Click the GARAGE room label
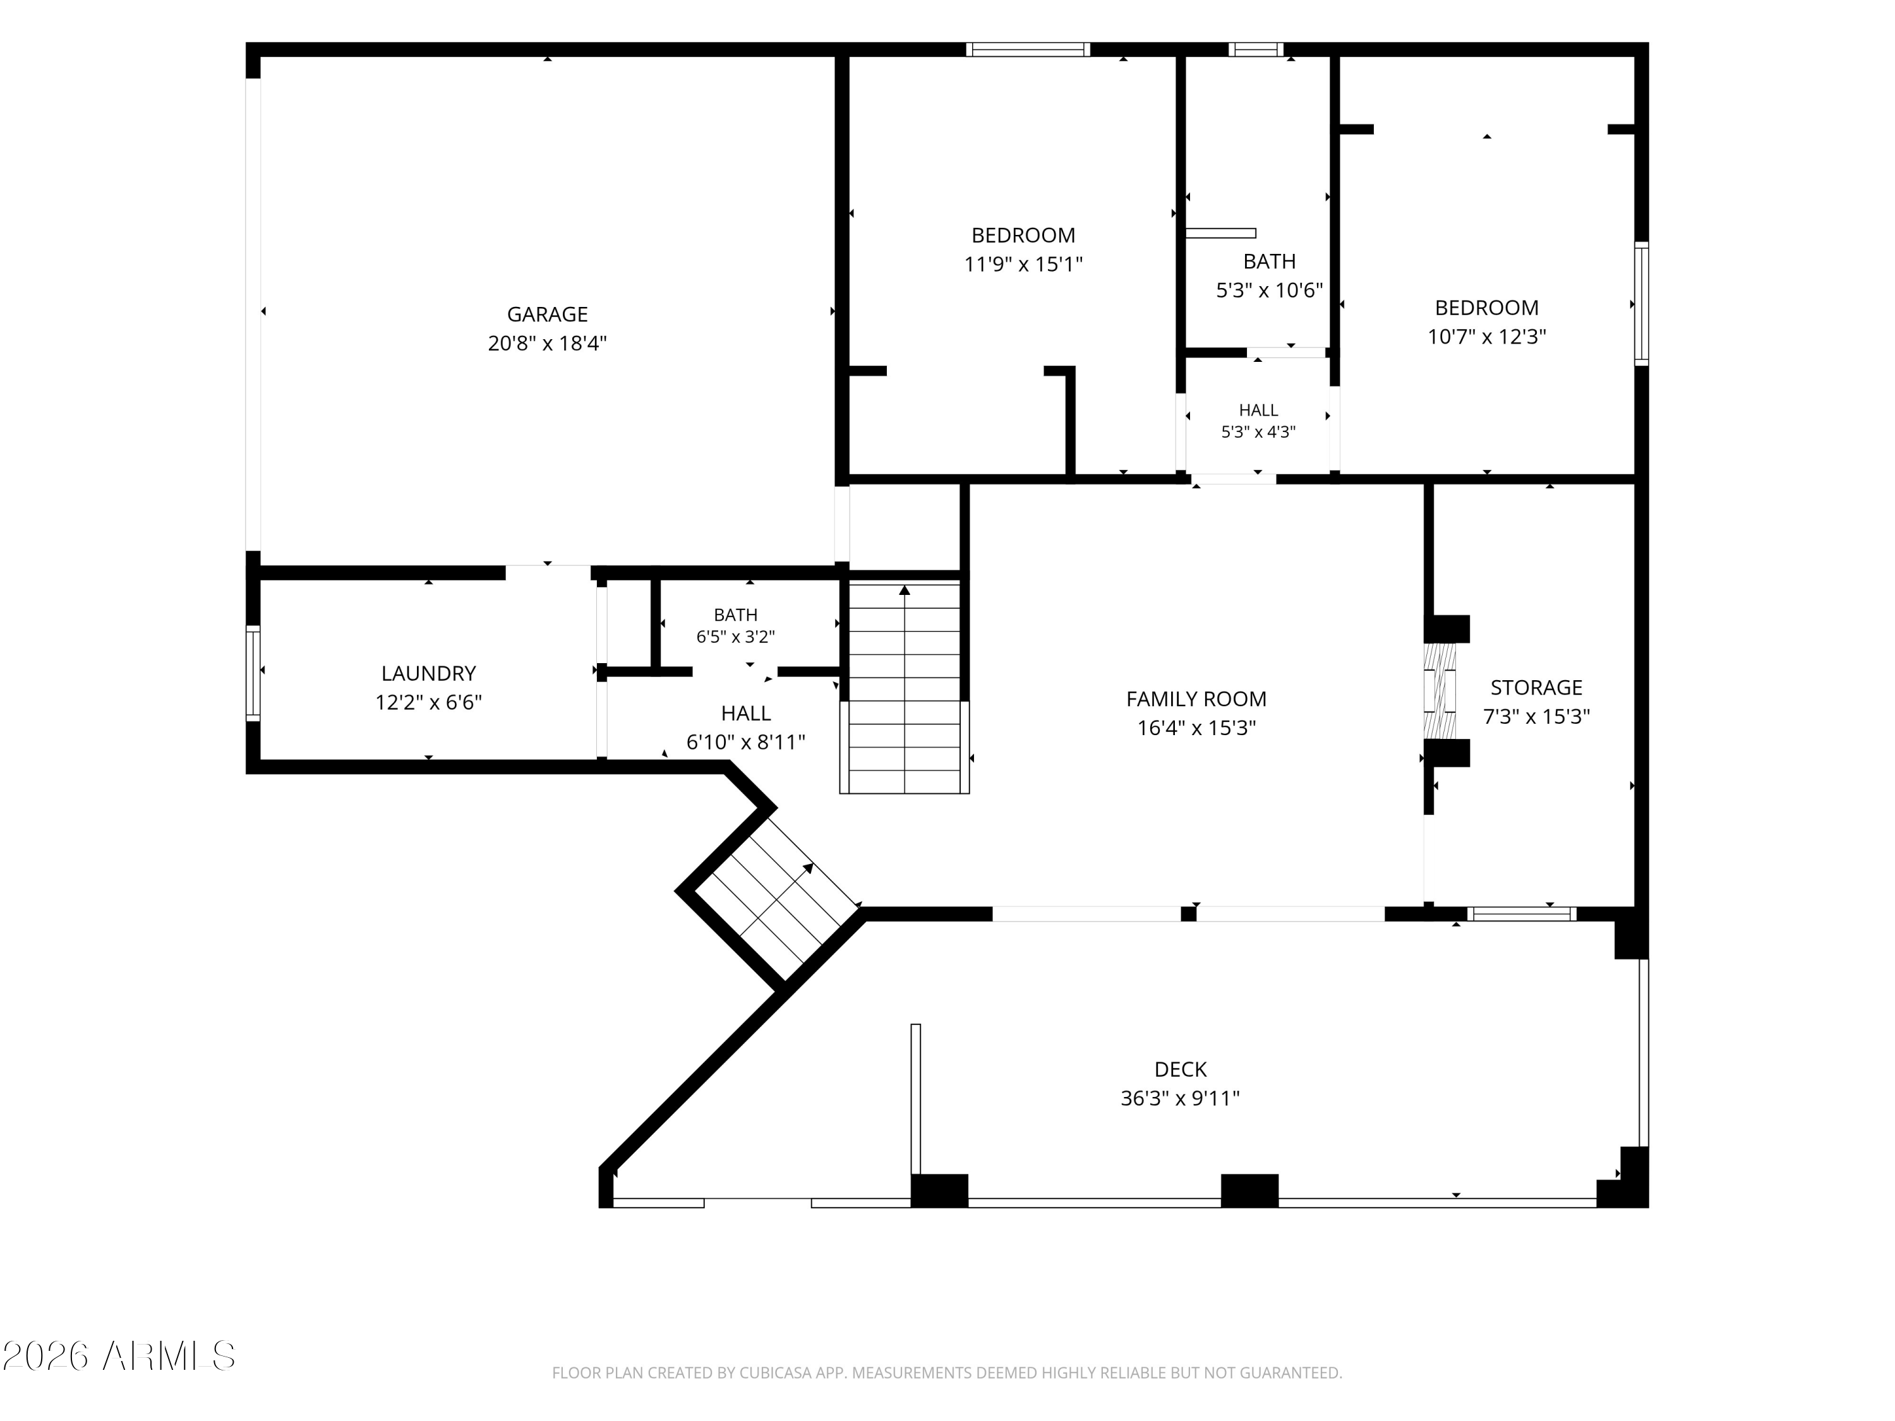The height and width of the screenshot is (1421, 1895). pos(548,315)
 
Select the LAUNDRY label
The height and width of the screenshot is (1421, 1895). pos(428,673)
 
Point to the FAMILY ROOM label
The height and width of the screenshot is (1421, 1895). pos(1196,699)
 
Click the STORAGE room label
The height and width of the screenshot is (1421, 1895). pos(1536,687)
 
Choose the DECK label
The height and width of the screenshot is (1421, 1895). pos(1181,1069)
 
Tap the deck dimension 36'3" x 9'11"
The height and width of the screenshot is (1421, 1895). pos(1181,1098)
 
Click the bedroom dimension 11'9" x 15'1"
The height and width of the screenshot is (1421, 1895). pos(1024,264)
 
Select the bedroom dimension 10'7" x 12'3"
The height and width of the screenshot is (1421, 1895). pos(1486,337)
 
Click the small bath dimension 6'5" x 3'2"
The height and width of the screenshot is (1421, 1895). pos(736,637)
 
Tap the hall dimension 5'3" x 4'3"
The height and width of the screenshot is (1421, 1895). pos(1258,432)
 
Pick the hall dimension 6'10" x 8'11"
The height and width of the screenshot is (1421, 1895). pos(745,742)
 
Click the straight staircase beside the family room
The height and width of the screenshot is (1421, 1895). pos(905,688)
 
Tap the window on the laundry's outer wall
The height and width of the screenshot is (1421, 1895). pos(253,673)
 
